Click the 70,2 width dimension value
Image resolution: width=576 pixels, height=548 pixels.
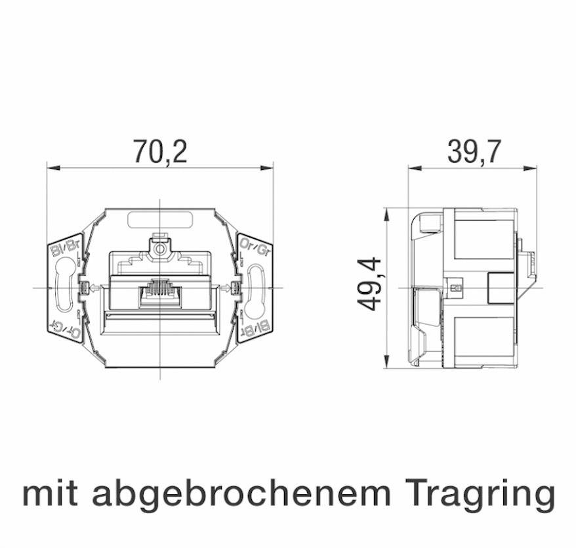click(x=160, y=152)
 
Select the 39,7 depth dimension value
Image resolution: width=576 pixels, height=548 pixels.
click(x=474, y=152)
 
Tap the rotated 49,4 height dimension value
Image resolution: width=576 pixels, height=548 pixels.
click(x=369, y=284)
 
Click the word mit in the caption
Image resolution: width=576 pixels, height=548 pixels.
click(x=52, y=494)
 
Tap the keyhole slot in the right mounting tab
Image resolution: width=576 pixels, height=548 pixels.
click(x=257, y=287)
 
